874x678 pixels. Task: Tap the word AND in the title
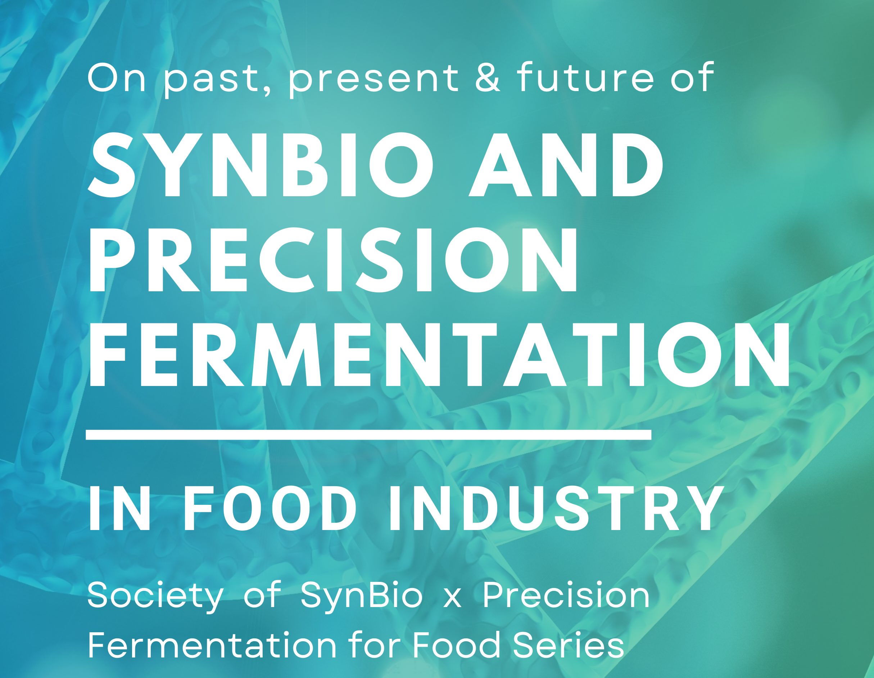566,165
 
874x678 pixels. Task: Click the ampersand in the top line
488,77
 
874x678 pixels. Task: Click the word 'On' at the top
117,77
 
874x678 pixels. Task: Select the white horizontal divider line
368,435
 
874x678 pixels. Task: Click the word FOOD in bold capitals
270,509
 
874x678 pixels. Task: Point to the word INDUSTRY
556,509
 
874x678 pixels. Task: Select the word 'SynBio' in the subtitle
361,597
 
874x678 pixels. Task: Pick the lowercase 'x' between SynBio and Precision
452,600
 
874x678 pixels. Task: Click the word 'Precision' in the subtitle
566,595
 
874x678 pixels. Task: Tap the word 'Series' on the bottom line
568,645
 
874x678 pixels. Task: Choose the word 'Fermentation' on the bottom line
212,645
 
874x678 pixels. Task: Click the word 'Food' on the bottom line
457,645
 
